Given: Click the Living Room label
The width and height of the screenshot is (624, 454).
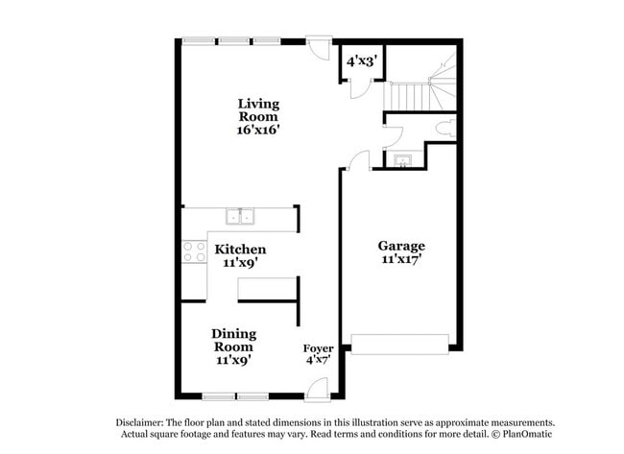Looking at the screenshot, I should tap(258, 109).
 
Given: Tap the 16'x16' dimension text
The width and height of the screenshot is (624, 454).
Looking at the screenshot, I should tap(258, 130).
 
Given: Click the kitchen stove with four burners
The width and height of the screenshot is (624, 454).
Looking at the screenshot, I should tap(194, 251).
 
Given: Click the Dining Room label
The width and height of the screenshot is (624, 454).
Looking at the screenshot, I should tap(233, 340).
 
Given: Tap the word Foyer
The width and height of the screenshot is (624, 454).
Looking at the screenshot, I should tap(318, 348).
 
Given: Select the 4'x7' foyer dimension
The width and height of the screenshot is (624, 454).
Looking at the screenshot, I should tap(318, 360).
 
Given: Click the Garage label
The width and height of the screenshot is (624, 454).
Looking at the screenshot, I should tap(401, 246).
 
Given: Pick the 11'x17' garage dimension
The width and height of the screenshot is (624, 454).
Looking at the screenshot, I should tap(401, 259).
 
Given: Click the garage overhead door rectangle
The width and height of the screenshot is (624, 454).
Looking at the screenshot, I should tap(400, 343).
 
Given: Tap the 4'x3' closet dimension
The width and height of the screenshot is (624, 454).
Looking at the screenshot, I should tap(361, 60).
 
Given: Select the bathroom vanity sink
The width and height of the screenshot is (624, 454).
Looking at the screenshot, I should tap(400, 160).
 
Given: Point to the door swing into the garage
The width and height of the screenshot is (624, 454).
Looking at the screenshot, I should tap(357, 161).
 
